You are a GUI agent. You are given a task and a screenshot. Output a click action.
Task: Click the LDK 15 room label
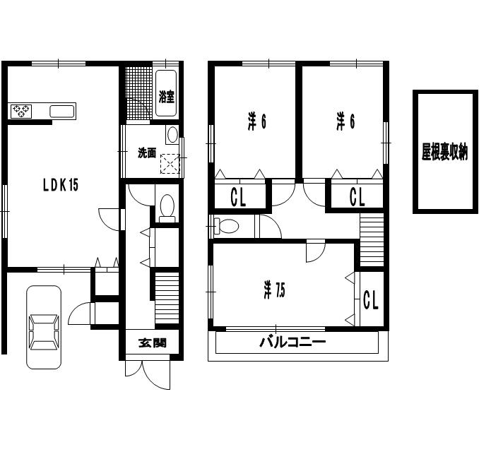coord(61,185)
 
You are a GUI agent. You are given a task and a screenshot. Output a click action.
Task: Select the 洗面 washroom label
coord(147,153)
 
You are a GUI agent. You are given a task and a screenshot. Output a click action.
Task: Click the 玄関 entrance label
coord(153,343)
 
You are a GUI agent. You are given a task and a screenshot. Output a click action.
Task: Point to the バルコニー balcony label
coord(292,342)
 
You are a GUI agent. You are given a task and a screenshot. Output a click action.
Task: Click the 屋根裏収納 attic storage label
coord(444,152)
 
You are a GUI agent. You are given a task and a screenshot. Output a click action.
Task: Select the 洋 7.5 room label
coord(274,290)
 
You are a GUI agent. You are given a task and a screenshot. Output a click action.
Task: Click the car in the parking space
coord(44,327)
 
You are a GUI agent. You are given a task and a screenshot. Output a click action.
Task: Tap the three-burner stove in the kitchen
coord(21,111)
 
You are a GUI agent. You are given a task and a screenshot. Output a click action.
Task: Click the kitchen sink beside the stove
coord(62,111)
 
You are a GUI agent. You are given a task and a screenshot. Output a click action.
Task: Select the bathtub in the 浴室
coord(166,93)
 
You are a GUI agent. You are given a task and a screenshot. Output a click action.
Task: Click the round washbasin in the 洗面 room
coord(172,135)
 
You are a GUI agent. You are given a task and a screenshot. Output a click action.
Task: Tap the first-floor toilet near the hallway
coord(167,208)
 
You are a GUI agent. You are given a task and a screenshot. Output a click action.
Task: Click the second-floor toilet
coord(226,226)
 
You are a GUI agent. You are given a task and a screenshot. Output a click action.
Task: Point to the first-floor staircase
coord(167,298)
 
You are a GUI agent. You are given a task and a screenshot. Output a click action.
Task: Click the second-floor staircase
coord(372,239)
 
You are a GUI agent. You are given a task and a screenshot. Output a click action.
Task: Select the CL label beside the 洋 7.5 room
coord(371,299)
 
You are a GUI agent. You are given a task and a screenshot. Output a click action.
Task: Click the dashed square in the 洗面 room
coord(170,164)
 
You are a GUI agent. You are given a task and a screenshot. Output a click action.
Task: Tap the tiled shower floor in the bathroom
coord(138,93)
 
